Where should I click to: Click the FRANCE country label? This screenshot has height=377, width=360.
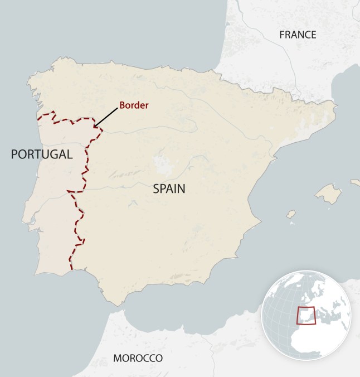click(x=298, y=35)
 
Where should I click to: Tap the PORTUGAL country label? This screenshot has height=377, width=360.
click(x=42, y=154)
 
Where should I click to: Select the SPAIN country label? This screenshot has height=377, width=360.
click(x=169, y=189)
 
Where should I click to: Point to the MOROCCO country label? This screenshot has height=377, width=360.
click(x=138, y=357)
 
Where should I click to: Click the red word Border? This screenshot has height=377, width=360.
click(x=135, y=104)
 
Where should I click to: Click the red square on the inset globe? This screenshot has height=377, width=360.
click(x=305, y=316)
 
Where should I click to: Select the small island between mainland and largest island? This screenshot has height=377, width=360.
click(x=291, y=214)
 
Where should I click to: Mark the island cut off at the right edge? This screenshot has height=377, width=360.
click(x=356, y=182)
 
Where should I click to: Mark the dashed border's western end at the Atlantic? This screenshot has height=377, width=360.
click(x=38, y=118)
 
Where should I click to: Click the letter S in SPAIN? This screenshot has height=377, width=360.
click(x=156, y=189)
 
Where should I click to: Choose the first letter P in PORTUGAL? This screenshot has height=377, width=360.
click(x=14, y=154)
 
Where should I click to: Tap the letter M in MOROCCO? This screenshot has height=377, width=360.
click(x=116, y=357)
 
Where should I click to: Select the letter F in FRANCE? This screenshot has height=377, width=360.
click(x=281, y=35)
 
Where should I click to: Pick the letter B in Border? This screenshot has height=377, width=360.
click(x=123, y=104)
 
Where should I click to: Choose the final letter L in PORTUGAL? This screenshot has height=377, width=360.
click(x=70, y=154)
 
